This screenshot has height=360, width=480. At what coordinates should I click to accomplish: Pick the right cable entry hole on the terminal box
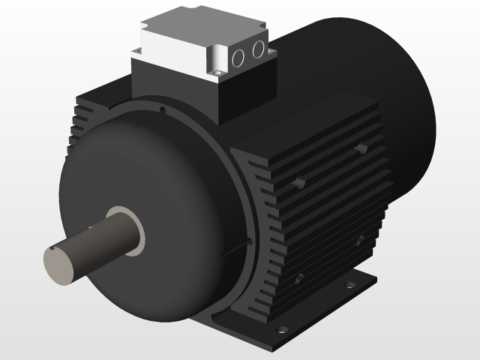coord(259,49)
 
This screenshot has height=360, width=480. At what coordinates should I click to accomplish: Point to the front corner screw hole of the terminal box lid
coord(215,73)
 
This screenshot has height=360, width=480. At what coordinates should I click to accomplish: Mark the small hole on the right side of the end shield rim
coord(247,241)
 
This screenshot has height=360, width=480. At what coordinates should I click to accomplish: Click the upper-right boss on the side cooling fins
coord(361,149)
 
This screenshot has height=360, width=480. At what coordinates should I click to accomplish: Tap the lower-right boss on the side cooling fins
coord(361,241)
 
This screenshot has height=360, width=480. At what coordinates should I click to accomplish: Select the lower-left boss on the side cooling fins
coord(300,278)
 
